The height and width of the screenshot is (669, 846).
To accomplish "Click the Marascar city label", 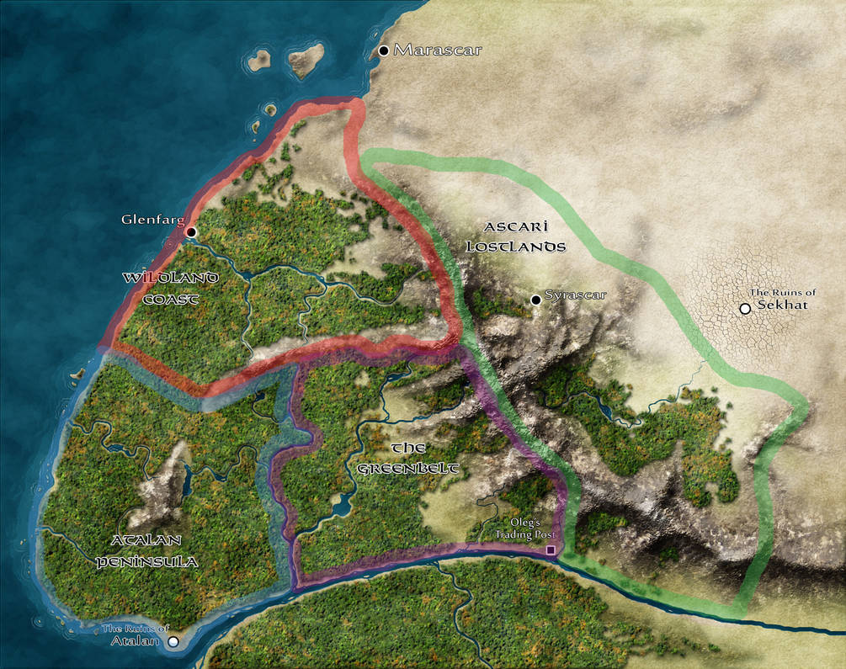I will tap(438, 50).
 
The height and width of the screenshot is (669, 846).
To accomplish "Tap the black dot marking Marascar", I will tap(384, 50).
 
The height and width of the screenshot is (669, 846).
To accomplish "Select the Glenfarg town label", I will tap(152, 220).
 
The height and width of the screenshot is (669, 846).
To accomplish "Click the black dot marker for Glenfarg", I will tap(191, 231).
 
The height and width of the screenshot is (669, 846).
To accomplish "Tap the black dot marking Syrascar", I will tap(535, 300).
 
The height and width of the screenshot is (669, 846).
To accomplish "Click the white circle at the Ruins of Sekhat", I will tap(744, 309).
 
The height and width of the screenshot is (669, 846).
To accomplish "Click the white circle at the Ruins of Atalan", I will tap(173, 642).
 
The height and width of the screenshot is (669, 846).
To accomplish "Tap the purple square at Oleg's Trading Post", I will tap(551, 550).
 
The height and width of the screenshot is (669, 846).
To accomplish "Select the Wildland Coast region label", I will tap(171, 287).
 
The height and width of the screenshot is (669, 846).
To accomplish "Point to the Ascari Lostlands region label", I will tap(524, 236).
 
